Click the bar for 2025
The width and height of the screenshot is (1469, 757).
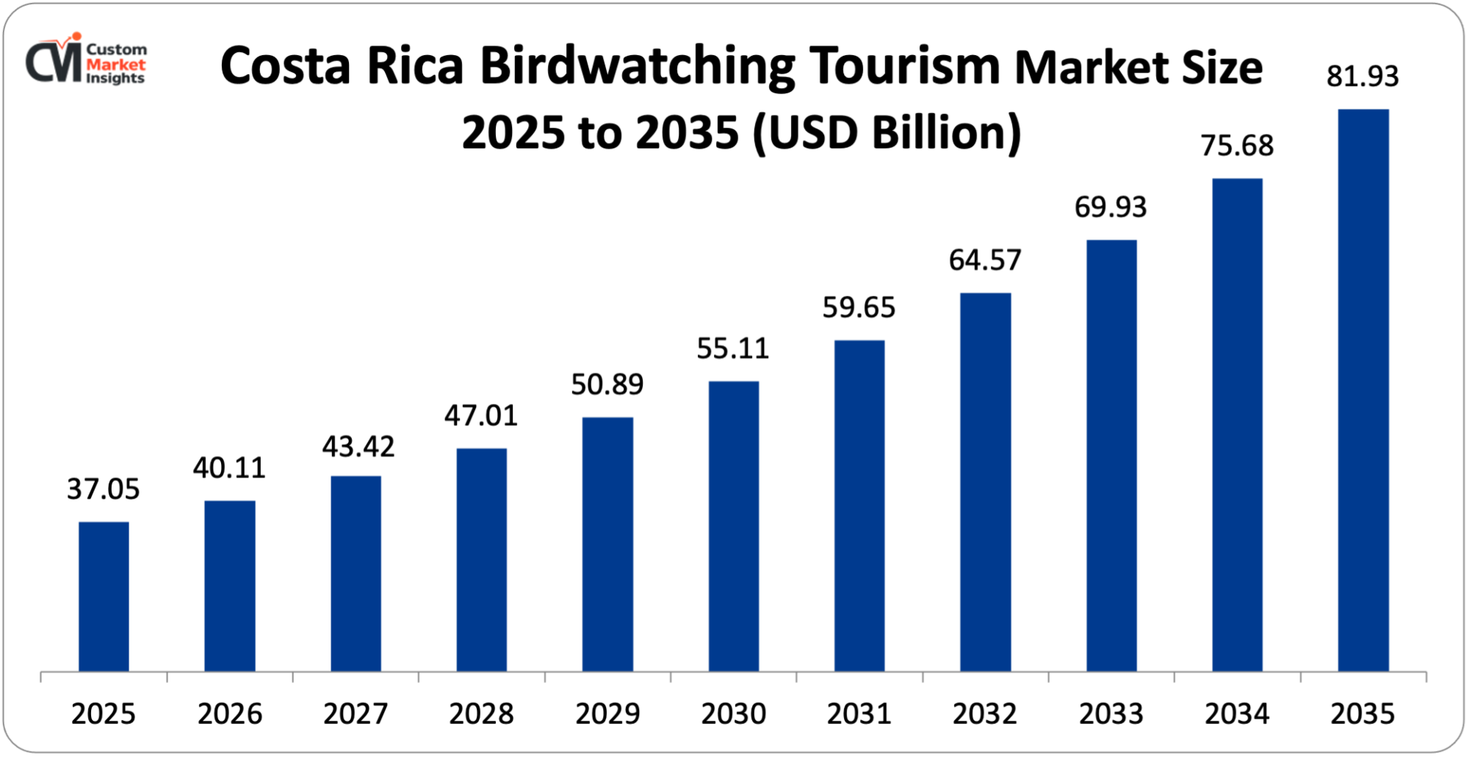(x=104, y=596)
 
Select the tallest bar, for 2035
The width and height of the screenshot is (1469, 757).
(x=1363, y=390)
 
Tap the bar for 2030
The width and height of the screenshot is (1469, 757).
(x=734, y=526)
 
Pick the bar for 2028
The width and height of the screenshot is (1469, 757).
(x=481, y=559)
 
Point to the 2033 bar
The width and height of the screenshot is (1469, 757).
(x=1111, y=455)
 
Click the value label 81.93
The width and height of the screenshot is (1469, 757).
(x=1362, y=76)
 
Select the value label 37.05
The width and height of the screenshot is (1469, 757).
(x=103, y=489)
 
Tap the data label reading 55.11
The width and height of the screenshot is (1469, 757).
(x=732, y=348)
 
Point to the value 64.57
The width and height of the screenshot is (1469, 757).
(x=985, y=260)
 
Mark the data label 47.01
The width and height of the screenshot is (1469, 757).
(x=480, y=416)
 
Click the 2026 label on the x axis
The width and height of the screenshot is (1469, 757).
(x=230, y=714)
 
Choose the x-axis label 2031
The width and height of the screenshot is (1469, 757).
(x=859, y=714)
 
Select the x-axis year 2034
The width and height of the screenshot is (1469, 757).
(x=1237, y=714)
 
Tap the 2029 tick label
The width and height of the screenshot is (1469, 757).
(x=607, y=714)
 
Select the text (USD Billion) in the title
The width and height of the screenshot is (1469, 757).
(x=887, y=133)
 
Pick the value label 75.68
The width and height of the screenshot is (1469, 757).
(x=1237, y=145)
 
